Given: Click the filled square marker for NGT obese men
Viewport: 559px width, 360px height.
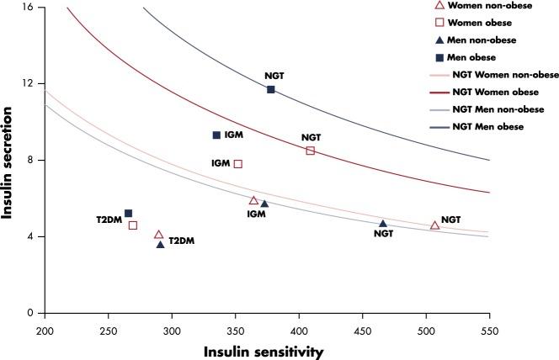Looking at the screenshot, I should [271, 89].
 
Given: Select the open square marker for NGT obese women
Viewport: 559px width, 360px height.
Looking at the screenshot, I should [311, 151].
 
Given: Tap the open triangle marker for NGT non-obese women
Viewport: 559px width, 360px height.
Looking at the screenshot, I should [434, 225].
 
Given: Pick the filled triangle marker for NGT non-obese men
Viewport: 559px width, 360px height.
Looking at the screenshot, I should [383, 224].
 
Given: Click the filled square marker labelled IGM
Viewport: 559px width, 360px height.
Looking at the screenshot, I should [216, 135].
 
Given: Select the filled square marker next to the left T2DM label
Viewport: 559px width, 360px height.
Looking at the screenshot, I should [128, 214].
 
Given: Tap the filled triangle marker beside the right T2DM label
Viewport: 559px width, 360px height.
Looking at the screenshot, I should [160, 244].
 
